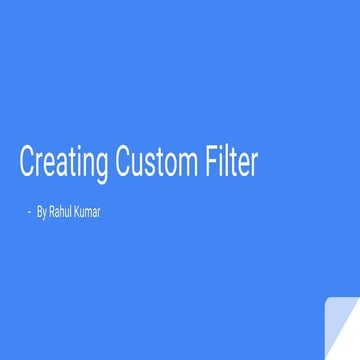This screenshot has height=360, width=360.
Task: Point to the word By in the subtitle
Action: [41, 212]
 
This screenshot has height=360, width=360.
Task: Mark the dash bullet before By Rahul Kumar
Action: [29, 212]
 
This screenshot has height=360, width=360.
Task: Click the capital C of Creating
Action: [27, 162]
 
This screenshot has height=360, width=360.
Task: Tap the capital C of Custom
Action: [123, 162]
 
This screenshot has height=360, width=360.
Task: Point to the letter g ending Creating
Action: [104, 166]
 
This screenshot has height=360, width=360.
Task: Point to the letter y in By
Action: [44, 213]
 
